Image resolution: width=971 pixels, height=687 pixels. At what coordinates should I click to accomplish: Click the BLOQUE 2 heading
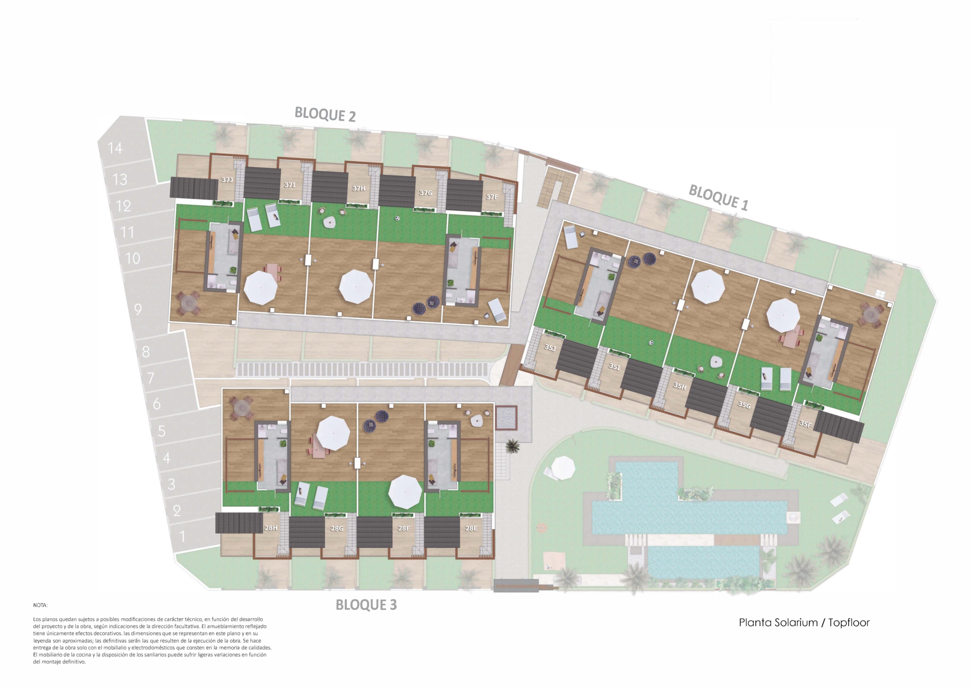pyautogui.click(x=325, y=114)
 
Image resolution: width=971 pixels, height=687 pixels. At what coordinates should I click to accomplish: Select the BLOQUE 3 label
pyautogui.click(x=366, y=605)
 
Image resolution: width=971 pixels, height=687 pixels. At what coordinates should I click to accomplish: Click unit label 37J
pyautogui.click(x=227, y=180)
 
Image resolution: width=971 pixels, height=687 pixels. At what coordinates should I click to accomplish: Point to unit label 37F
pyautogui.click(x=492, y=197)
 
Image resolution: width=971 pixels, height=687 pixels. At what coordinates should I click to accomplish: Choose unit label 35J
pyautogui.click(x=550, y=348)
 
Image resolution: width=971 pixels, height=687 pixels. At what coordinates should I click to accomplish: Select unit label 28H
pyautogui.click(x=271, y=528)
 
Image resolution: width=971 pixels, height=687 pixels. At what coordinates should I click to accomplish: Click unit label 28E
pyautogui.click(x=471, y=528)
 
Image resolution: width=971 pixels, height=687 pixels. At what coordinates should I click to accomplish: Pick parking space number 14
pyautogui.click(x=115, y=148)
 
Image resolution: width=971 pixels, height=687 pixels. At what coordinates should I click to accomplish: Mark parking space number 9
pyautogui.click(x=138, y=309)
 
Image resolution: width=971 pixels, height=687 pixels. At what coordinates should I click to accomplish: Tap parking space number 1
pyautogui.click(x=183, y=537)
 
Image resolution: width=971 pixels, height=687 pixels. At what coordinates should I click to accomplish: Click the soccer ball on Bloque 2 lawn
pyautogui.click(x=398, y=219)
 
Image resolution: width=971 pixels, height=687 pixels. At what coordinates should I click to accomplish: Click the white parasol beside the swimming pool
pyautogui.click(x=563, y=467)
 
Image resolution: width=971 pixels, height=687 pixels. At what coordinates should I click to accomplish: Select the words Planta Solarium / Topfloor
pyautogui.click(x=804, y=622)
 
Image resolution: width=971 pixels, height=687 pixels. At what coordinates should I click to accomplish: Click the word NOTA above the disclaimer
pyautogui.click(x=40, y=605)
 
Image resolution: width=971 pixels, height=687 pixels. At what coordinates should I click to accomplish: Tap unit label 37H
pyautogui.click(x=359, y=188)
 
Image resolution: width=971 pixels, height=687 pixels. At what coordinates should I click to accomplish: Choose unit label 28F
pyautogui.click(x=404, y=528)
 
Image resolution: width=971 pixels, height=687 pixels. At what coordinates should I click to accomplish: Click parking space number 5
pyautogui.click(x=162, y=431)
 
